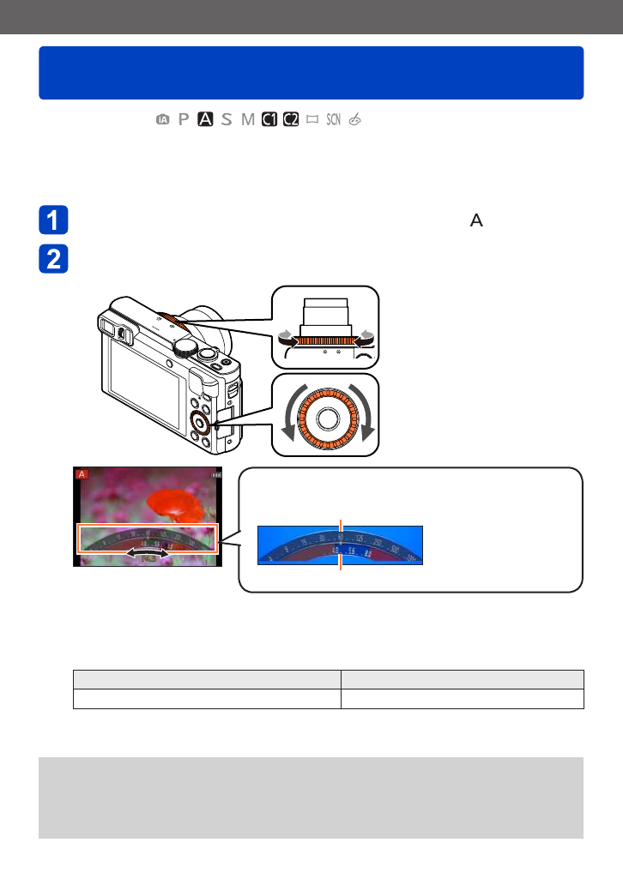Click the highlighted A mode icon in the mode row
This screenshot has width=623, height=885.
(x=205, y=120)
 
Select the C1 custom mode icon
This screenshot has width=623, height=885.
(x=269, y=120)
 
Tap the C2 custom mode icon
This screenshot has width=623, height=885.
(x=291, y=120)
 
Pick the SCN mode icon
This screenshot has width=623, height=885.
(x=334, y=120)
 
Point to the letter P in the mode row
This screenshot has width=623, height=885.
(x=183, y=120)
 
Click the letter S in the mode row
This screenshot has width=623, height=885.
(x=227, y=120)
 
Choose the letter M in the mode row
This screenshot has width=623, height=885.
(x=248, y=120)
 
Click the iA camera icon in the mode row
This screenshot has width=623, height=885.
(x=162, y=120)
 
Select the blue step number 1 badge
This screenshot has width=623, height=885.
(x=53, y=221)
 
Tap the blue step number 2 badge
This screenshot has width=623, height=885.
(x=53, y=260)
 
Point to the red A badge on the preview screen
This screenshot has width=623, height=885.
(x=82, y=474)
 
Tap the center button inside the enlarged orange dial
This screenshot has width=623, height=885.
(x=325, y=418)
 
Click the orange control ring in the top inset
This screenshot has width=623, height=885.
(x=324, y=340)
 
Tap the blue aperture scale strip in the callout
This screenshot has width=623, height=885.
(x=340, y=545)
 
